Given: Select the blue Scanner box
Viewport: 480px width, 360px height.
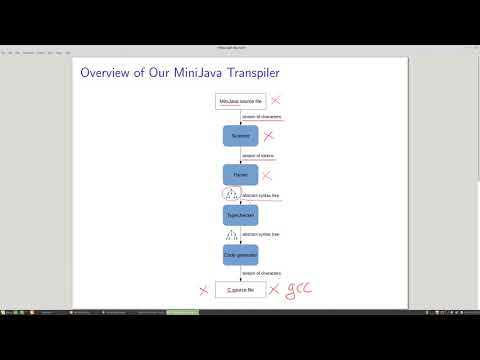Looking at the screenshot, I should click(240, 135).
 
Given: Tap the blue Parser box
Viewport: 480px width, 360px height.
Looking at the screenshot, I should click(240, 175).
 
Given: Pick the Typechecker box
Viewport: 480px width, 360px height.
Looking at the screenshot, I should click(240, 214).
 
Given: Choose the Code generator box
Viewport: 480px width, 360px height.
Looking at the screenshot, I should click(240, 255).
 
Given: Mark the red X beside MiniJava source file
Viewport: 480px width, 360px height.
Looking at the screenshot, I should click(276, 101).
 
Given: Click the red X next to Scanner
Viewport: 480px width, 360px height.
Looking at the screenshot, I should click(268, 135).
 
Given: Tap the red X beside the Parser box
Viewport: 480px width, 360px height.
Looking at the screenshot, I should click(267, 175).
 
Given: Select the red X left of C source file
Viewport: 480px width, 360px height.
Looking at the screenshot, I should click(203, 290).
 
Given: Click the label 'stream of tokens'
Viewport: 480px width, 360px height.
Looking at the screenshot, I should click(258, 155).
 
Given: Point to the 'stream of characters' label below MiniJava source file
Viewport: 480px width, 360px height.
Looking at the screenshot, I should click(262, 117).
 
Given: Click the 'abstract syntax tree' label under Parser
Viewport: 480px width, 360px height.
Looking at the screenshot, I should click(261, 195).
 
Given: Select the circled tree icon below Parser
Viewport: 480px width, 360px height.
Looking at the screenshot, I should click(231, 195).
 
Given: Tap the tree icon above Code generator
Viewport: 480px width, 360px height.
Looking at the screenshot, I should click(231, 235).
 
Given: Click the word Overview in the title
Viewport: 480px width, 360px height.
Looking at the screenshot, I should click(105, 73).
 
